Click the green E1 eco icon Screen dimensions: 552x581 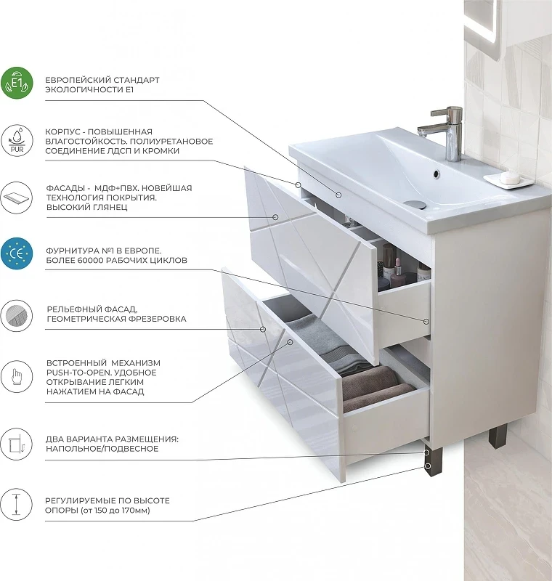tap(17, 83)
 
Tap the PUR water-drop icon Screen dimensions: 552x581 tap(17, 140)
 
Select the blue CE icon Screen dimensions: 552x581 tap(17, 253)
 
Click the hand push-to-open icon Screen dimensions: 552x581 tap(17, 377)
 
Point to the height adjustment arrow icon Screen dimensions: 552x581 tap(17, 504)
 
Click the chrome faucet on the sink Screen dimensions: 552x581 tap(445, 134)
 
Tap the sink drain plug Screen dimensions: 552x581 tap(415, 204)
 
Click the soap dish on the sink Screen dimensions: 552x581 tap(508, 179)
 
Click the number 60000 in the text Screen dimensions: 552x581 tap(90, 260)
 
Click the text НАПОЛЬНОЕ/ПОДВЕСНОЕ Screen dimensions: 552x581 tap(102, 449)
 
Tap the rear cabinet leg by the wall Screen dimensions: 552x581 tap(498, 436)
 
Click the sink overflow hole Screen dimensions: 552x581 tap(436, 174)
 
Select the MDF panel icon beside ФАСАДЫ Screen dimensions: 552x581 tap(17, 198)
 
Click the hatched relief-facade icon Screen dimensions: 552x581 tap(17, 315)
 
